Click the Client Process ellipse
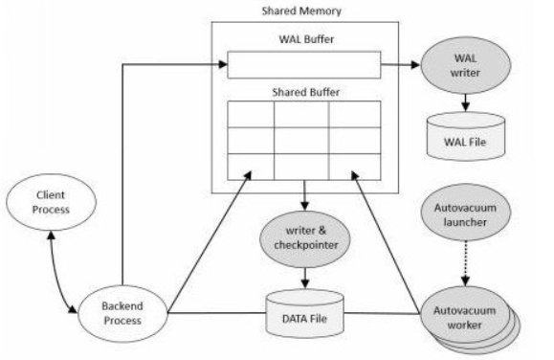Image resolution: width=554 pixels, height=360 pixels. click(x=52, y=202)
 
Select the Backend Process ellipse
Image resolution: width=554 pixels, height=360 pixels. click(x=122, y=313)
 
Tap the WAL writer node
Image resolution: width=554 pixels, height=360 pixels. click(x=466, y=65)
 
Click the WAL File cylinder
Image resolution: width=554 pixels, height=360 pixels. click(x=466, y=137)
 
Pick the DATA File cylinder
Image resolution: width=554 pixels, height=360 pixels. click(x=304, y=313)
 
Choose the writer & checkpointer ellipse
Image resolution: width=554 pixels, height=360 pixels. click(x=305, y=238)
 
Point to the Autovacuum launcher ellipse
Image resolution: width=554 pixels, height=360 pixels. click(x=466, y=213)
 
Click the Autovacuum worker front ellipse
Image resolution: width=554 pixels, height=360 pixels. click(x=465, y=314)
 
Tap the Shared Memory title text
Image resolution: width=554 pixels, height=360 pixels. click(x=301, y=11)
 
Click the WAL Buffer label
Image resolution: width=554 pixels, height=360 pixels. click(x=306, y=39)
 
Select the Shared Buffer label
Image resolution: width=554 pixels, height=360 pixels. click(x=306, y=92)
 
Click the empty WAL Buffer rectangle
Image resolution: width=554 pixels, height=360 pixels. click(x=304, y=65)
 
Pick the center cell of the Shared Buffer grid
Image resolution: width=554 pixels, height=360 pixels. click(x=301, y=141)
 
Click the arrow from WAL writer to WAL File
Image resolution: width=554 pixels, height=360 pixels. click(x=466, y=102)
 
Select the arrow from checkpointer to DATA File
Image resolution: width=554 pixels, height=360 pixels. click(x=305, y=278)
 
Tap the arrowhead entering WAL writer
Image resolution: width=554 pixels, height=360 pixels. click(x=416, y=65)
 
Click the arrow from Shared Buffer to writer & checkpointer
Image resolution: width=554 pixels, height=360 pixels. click(x=305, y=195)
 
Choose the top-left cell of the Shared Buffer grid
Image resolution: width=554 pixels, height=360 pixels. click(x=251, y=114)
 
